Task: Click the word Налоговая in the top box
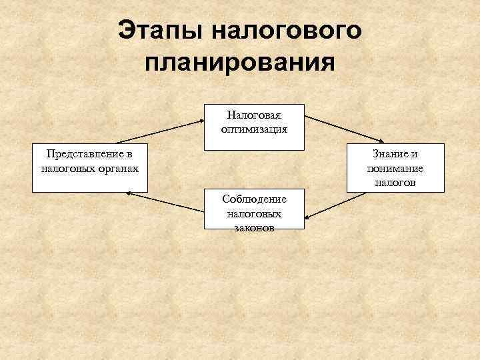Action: click(253, 115)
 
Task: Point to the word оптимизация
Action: click(253, 129)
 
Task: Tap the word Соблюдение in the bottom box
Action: click(253, 199)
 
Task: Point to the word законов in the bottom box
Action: click(253, 227)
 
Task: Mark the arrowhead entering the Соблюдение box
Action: click(309, 217)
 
